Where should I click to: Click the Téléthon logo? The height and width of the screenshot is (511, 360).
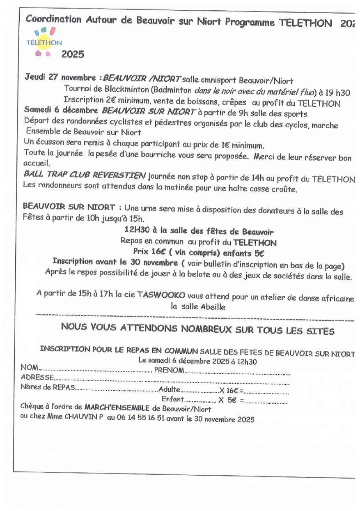click(x=44, y=41)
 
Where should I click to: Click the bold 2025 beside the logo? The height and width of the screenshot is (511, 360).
click(x=73, y=54)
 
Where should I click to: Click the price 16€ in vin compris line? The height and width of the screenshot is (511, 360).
click(x=158, y=251)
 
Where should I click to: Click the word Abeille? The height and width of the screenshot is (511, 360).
click(x=213, y=306)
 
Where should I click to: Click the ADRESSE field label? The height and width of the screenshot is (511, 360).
click(x=37, y=377)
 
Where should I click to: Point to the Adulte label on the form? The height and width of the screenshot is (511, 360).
click(x=169, y=389)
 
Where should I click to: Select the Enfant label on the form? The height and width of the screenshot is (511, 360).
click(x=172, y=399)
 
